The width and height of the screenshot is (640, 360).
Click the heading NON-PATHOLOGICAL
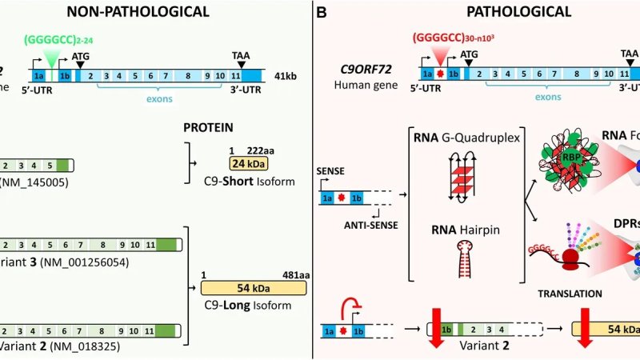coord(138,12)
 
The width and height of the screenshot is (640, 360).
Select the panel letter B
coord(322,12)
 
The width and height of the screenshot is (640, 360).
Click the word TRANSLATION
coord(571,294)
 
